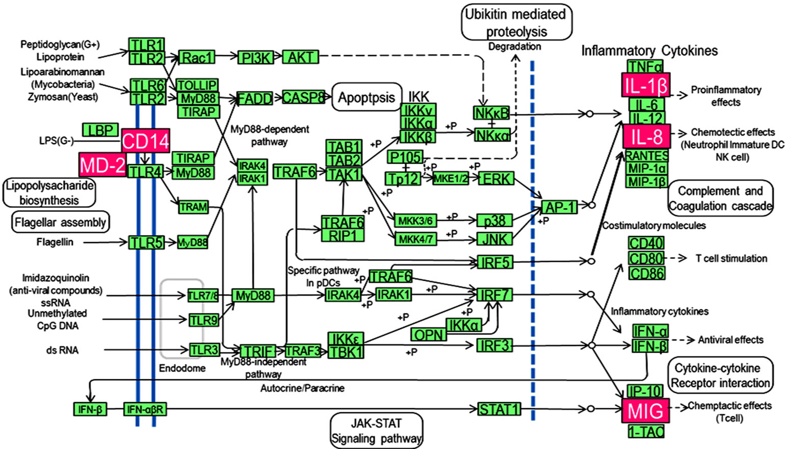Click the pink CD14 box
click(x=145, y=141)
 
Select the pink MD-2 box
click(x=102, y=165)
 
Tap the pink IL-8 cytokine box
click(x=646, y=137)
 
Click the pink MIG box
click(x=645, y=410)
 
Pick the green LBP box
click(x=100, y=130)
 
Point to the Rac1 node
click(x=197, y=57)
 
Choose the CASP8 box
click(x=303, y=97)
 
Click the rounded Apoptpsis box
click(x=367, y=97)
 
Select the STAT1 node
click(x=499, y=409)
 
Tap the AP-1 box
click(x=559, y=207)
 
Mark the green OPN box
click(x=429, y=334)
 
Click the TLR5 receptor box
click(x=146, y=243)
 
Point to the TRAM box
click(x=193, y=207)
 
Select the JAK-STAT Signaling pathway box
click(x=376, y=431)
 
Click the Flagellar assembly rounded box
click(x=60, y=222)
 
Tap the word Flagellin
click(x=55, y=242)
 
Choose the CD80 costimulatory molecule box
click(x=646, y=258)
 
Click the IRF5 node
click(x=494, y=262)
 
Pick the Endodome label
click(x=182, y=368)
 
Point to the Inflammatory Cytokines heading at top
click(x=649, y=50)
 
